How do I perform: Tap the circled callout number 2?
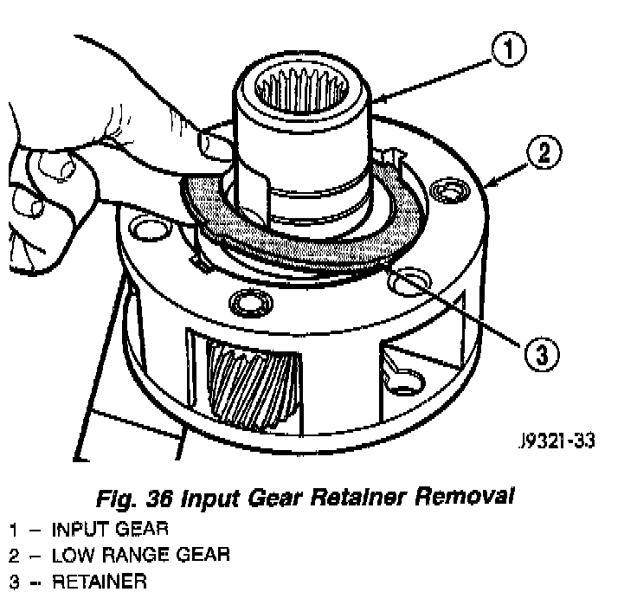point(543,154)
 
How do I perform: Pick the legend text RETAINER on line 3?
point(91,579)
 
